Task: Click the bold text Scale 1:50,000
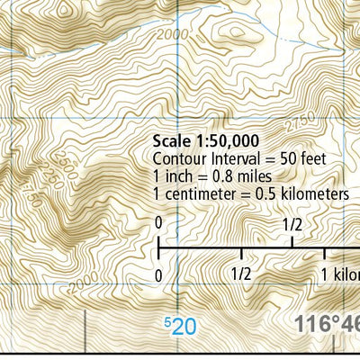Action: coord(206,140)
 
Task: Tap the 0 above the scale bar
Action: coord(158,221)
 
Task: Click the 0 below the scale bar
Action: coord(158,274)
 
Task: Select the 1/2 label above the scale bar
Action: coord(292,222)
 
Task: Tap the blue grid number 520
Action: coord(180,326)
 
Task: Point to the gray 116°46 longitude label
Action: coord(328,324)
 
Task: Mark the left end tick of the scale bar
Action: coord(159,246)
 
